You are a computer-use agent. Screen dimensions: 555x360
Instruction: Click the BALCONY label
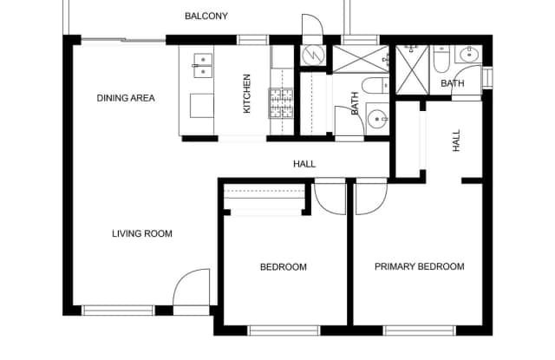coord(206,16)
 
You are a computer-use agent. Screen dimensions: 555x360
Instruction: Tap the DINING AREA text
coord(126,98)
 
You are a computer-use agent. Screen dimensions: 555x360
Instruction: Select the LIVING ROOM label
coord(142,233)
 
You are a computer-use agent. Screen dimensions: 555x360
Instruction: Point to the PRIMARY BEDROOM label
coord(420,266)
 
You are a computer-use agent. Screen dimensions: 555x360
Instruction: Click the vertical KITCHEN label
coord(246,94)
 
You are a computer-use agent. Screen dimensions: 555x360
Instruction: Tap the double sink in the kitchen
coord(203,65)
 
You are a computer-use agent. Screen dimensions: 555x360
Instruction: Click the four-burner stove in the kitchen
coord(281,103)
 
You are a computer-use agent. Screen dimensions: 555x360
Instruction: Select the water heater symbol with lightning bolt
coord(313,56)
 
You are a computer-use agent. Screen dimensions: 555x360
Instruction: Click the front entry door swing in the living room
coord(191,288)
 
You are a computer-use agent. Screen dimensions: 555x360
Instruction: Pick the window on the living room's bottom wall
coord(118,311)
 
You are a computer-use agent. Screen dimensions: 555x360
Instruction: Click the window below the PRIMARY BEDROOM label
coord(420,331)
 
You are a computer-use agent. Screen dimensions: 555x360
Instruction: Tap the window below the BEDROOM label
coord(284,331)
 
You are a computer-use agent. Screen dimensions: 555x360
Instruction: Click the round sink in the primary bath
coord(469,55)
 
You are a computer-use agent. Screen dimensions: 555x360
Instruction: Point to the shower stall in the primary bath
coord(413,69)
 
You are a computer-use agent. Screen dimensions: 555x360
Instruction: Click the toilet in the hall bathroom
coord(375,85)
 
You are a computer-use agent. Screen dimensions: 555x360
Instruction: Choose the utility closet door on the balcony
coord(312,25)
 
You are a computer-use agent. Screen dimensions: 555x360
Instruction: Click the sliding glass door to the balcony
coord(123,40)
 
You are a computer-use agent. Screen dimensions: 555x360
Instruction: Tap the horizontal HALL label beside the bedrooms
coord(304,164)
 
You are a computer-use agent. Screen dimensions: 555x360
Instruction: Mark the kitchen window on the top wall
coord(252,40)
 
